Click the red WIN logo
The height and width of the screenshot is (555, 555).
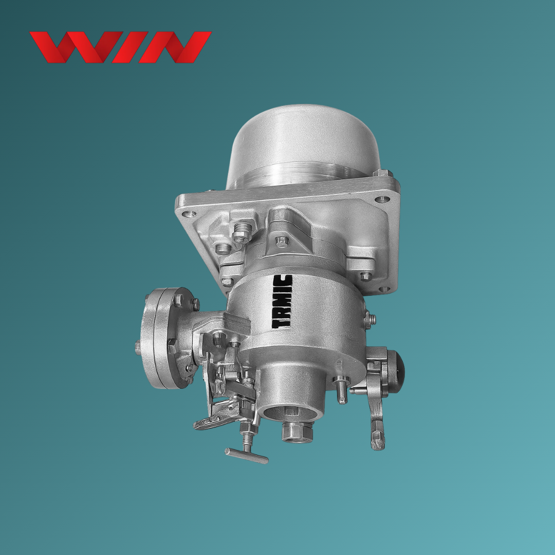point(120,47)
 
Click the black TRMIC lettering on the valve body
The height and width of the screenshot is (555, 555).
point(283,301)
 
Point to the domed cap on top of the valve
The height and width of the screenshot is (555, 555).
point(304,145)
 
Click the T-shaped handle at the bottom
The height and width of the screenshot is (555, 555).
point(247,455)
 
